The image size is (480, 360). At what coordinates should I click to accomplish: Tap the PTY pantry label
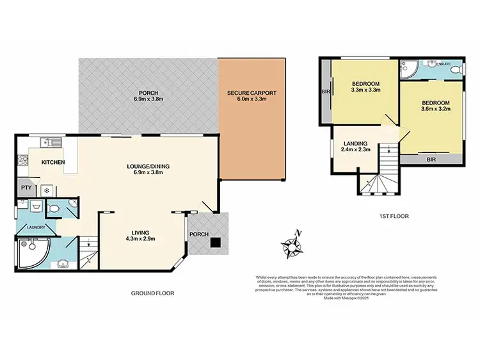tap(26, 188)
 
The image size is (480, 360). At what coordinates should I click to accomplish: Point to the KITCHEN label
tap(53, 162)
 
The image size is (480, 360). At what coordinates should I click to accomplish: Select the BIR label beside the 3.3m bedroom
tap(324, 91)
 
